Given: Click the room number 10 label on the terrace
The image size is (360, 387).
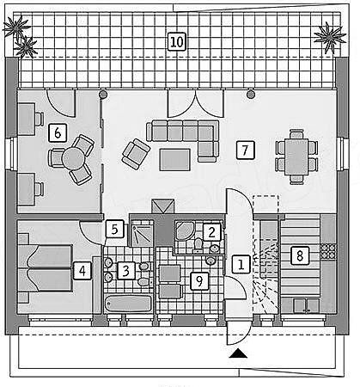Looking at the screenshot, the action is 177,41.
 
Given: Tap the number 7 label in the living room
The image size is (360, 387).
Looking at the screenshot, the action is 245,150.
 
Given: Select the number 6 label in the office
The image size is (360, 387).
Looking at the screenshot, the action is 58,132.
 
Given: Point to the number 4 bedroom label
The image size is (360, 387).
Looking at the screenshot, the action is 82,271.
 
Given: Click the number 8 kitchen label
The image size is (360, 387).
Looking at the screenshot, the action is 300,255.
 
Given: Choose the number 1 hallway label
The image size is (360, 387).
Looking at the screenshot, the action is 241,264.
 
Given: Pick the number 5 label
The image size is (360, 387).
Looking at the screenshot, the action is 114,229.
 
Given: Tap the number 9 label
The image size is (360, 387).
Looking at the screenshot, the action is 199,281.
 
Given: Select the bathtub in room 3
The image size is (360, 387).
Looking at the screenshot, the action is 128,304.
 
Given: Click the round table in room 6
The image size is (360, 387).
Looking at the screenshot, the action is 73,158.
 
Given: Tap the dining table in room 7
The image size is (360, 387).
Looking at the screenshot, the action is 296,157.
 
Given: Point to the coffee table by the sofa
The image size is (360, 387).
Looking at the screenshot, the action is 175,160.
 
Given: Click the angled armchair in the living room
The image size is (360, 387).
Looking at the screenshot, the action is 136,154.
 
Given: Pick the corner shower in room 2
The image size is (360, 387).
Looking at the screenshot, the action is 185,230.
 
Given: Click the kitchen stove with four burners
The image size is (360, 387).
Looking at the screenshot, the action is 328,251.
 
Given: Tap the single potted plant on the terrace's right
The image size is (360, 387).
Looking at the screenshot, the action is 329,37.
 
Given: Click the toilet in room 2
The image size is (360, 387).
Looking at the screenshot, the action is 198,244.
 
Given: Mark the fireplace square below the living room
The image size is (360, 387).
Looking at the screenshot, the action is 163,206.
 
